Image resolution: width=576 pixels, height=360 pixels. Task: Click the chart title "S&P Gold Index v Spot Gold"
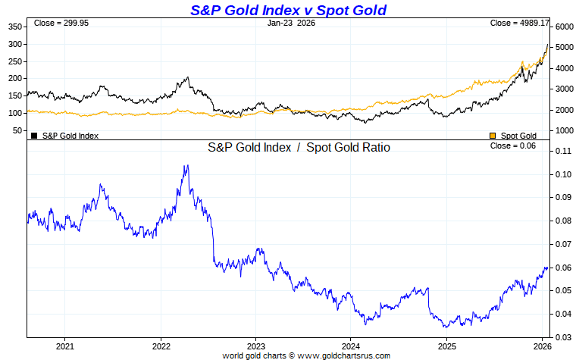click(x=288, y=10)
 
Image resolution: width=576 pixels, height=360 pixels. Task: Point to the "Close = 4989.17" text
click(x=520, y=23)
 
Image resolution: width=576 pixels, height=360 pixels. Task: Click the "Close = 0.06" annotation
click(x=513, y=146)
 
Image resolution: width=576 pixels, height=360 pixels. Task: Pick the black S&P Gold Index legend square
click(x=34, y=136)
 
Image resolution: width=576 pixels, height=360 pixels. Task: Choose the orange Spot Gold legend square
click(x=493, y=136)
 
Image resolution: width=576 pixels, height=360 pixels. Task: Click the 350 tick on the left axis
click(x=15, y=27)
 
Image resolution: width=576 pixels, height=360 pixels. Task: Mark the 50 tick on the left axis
click(x=17, y=130)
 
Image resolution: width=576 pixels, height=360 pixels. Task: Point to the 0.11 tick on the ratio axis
click(x=562, y=151)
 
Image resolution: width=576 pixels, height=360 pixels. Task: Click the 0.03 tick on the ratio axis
click(x=562, y=337)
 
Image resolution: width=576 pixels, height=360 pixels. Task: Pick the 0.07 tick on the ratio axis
click(x=562, y=244)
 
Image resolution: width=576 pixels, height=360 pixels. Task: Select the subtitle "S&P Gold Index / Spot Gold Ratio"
click(x=299, y=148)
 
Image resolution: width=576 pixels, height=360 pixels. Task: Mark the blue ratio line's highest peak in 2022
click(x=186, y=165)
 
